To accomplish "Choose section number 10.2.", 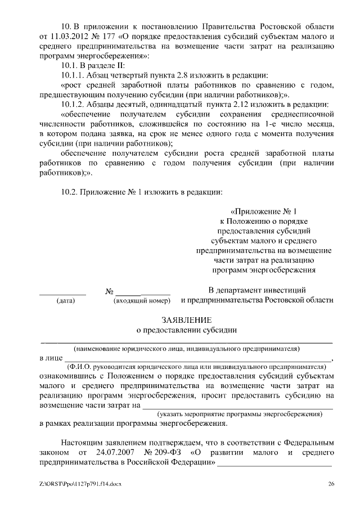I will point(71,191).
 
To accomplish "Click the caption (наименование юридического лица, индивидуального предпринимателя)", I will point(186,348).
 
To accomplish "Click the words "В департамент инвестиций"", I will point(257,290).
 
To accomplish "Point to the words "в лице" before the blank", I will point(50,358).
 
